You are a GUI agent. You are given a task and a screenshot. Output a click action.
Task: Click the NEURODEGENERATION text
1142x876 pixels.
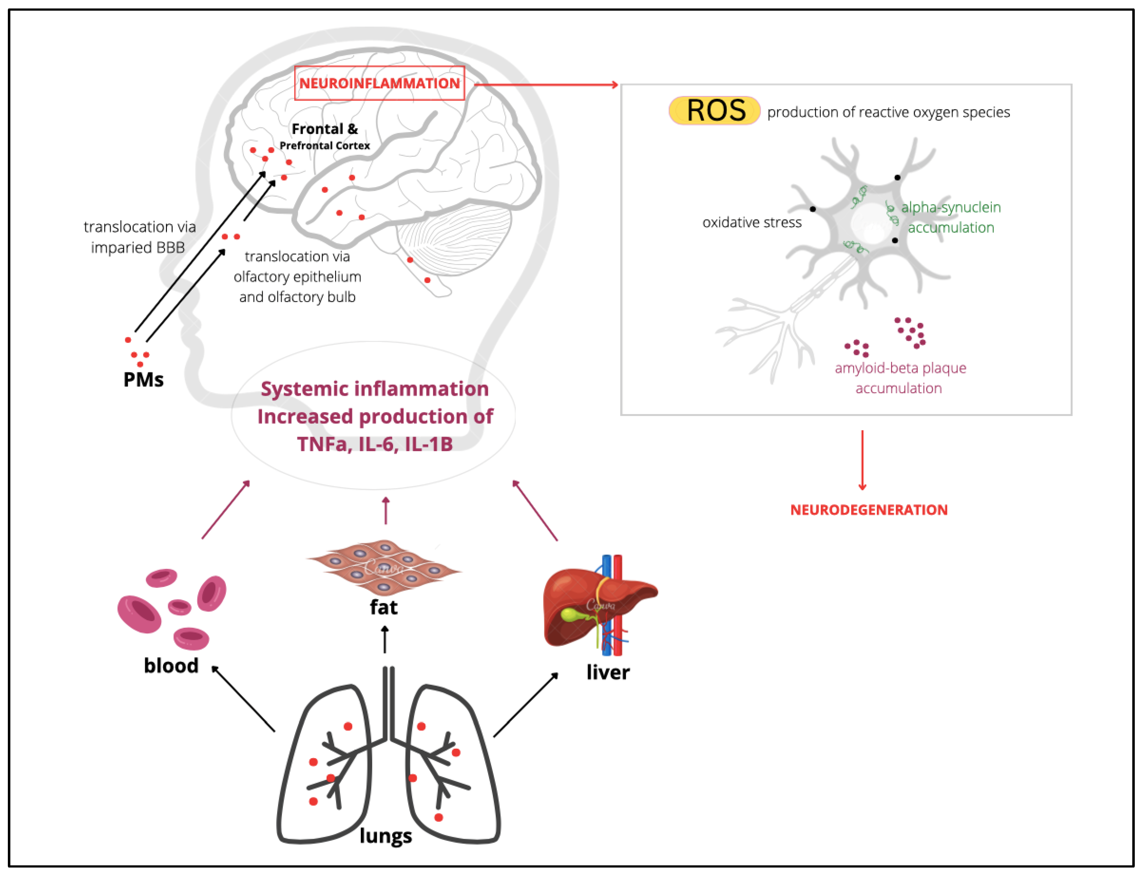point(869,510)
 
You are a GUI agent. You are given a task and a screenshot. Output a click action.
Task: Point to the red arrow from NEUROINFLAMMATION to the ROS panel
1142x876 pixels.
point(545,84)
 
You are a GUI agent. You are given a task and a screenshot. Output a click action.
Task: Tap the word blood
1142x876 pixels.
point(171,666)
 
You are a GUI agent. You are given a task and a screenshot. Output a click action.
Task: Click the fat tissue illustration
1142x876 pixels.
point(385,567)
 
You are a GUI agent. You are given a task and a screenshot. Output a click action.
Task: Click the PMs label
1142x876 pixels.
point(143,380)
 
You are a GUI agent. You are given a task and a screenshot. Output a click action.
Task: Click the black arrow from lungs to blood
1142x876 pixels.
point(243,699)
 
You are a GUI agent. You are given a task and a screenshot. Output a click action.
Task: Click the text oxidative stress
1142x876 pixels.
point(752,223)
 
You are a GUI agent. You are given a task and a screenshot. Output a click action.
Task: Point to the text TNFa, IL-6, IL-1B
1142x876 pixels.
point(375,444)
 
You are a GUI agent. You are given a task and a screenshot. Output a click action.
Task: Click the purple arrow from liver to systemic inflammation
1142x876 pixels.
point(535,510)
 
